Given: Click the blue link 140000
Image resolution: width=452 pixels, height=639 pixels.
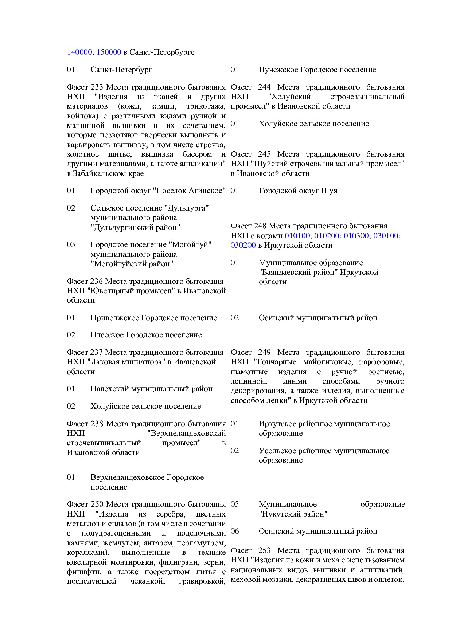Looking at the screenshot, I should point(79,52).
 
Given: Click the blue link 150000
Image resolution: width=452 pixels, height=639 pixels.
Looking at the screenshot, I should point(109,52).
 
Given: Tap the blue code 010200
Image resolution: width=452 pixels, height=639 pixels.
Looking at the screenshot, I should point(327,236).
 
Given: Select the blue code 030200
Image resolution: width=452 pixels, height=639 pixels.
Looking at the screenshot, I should point(243,245).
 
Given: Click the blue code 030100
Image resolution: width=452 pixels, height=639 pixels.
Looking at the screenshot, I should point(386,236).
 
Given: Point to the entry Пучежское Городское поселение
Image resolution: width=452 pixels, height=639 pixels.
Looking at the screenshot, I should point(317,70).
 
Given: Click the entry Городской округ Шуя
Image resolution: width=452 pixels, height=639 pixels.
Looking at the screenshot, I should point(298,191).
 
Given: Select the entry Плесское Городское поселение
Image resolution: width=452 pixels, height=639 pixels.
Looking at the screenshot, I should point(146,335).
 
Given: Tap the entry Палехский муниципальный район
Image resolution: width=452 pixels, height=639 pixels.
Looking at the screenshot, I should point(151,389).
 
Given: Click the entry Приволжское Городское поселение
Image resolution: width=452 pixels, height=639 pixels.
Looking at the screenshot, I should point(153,318).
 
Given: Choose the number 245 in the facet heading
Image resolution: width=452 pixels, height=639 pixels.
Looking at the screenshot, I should point(264,154).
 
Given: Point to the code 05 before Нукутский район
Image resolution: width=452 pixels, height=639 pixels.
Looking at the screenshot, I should point(235,504).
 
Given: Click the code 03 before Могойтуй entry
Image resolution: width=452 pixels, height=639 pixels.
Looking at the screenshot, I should point(71,244).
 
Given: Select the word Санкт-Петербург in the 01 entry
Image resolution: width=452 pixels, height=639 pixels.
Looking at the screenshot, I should point(121,70).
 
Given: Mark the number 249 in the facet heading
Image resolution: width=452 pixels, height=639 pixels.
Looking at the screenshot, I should point(264,352).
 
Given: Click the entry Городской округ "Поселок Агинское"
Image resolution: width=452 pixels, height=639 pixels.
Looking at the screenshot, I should point(158,191).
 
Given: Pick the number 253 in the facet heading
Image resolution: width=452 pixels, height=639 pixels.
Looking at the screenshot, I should point(264,550).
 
